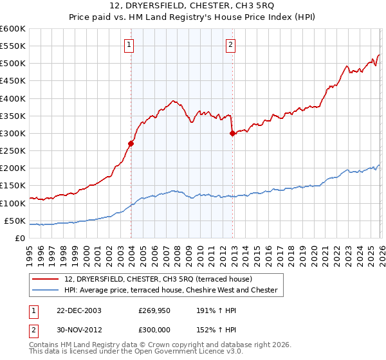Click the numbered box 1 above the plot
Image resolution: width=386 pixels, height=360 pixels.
130,45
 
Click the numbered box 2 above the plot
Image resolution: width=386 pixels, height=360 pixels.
230,45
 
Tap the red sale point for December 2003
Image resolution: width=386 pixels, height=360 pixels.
131,144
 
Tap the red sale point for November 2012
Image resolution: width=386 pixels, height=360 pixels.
232,134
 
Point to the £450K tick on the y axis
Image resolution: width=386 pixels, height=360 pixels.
14,81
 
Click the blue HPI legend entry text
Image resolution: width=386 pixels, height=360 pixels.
170,291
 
